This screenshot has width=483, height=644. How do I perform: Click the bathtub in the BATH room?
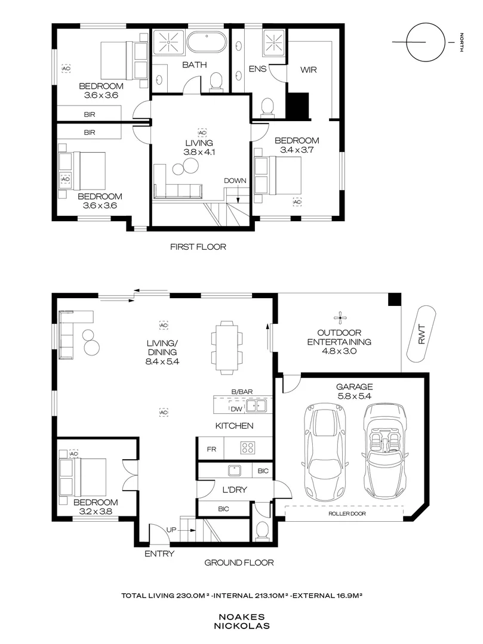click(x=207, y=42)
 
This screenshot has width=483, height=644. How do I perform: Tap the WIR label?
click(x=308, y=69)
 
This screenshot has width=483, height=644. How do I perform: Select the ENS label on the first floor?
click(x=258, y=69)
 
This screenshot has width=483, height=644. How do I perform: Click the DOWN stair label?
click(x=235, y=181)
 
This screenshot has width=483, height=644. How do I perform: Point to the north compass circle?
click(x=426, y=42)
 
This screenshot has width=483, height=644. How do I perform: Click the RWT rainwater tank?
click(x=421, y=334)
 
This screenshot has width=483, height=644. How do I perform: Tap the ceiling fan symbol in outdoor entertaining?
click(x=340, y=317)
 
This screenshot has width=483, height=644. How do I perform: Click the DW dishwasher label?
click(x=236, y=408)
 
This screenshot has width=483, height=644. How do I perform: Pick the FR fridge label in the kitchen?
click(x=211, y=450)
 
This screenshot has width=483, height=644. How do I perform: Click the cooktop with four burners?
click(x=248, y=447)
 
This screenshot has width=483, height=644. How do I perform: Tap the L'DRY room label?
click(x=234, y=490)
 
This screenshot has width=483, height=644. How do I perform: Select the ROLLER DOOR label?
click(x=347, y=514)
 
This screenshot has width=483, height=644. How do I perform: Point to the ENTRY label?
click(x=159, y=553)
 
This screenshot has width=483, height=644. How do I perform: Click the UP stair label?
click(x=171, y=530)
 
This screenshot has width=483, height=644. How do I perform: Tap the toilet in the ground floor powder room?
click(x=261, y=530)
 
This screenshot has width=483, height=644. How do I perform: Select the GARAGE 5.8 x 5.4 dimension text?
click(x=354, y=391)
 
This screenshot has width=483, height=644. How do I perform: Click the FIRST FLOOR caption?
click(x=198, y=247)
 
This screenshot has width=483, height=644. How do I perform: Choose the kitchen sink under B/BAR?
click(x=257, y=407)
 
